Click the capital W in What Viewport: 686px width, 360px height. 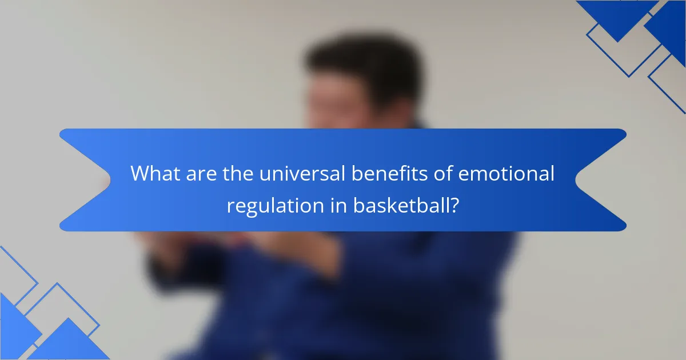pyautogui.click(x=139, y=174)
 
